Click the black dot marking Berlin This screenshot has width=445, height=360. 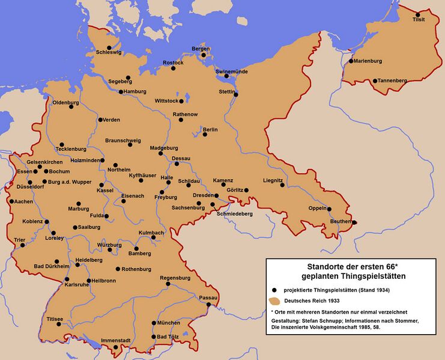205,134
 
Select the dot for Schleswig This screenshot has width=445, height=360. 109,47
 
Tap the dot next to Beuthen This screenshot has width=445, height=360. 354,222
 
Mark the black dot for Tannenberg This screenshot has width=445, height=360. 375,81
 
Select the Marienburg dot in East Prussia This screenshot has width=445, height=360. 351,61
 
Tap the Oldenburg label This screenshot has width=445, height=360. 66,103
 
